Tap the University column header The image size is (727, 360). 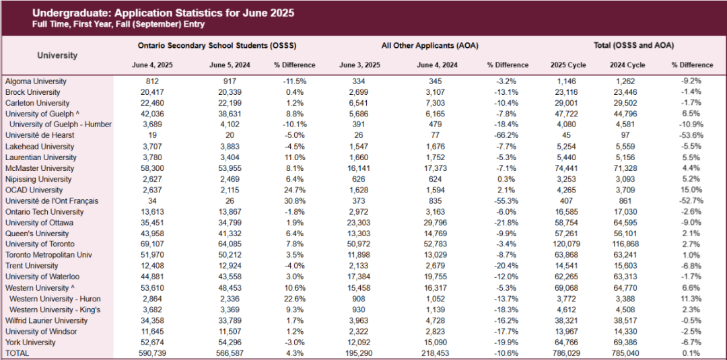[x=57, y=55]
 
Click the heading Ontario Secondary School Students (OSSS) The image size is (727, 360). [x=217, y=46]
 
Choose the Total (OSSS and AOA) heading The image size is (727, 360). [x=633, y=46]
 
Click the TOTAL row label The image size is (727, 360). [x=18, y=353]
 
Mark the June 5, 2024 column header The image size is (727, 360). [x=229, y=65]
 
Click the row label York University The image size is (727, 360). [x=30, y=343]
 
